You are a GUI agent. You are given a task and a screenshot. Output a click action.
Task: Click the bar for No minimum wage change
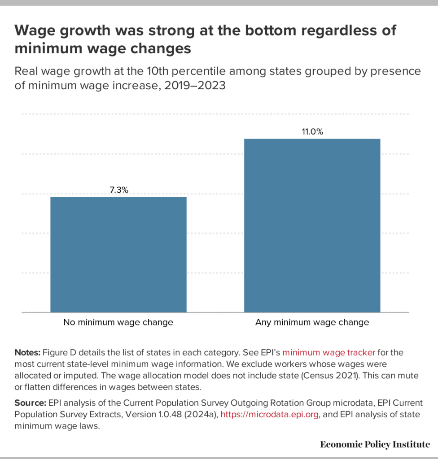tap(118, 254)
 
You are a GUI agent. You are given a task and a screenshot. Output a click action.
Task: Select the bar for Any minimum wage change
tap(312, 225)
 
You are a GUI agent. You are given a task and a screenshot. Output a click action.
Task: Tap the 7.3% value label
tap(119, 190)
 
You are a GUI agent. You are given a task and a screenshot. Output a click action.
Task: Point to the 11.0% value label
tap(312, 132)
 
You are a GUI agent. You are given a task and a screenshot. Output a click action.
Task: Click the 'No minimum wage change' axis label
tap(118, 322)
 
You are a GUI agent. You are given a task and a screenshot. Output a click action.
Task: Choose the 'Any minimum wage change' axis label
tap(312, 322)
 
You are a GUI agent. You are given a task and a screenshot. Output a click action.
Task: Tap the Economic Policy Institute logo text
tap(375, 444)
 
